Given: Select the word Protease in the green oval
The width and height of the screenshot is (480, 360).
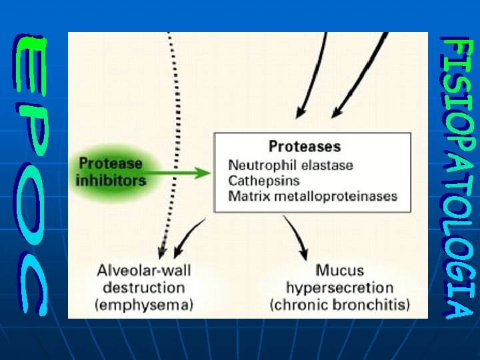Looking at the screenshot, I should coord(111,163).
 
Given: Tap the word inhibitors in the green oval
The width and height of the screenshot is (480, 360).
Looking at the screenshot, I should coord(111,180).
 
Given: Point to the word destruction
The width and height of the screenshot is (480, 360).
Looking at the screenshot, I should coord(140,288).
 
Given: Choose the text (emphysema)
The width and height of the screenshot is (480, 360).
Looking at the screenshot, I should coord(144,305).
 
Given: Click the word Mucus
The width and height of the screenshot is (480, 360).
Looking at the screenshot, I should coord(339,271).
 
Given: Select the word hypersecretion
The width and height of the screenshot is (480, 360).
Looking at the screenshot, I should coord(339,288).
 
